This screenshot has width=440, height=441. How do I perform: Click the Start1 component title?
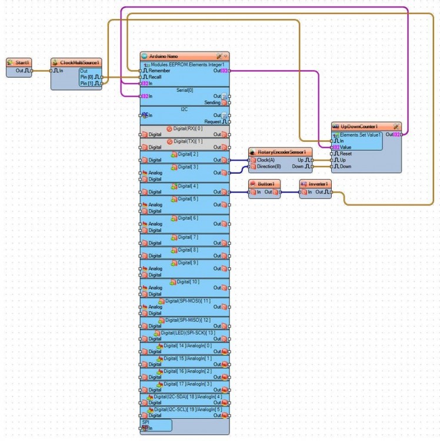[x=22, y=62]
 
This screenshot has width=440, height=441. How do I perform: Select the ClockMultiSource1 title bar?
[x=79, y=62]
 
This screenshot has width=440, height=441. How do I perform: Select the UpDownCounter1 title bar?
[x=359, y=127]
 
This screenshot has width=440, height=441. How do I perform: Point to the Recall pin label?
[x=155, y=77]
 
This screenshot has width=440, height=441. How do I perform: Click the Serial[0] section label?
[x=185, y=90]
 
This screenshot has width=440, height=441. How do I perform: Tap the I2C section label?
[x=184, y=109]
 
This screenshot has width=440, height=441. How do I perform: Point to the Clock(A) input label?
[x=266, y=160]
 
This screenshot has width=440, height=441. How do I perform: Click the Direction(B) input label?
[x=269, y=167]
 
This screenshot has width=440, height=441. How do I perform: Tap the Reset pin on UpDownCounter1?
[x=345, y=154]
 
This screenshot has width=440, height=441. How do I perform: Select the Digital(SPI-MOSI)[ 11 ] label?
[x=188, y=301]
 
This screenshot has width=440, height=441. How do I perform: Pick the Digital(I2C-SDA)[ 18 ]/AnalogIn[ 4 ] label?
[x=184, y=397]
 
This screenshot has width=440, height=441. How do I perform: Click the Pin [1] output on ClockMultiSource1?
[x=91, y=84]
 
